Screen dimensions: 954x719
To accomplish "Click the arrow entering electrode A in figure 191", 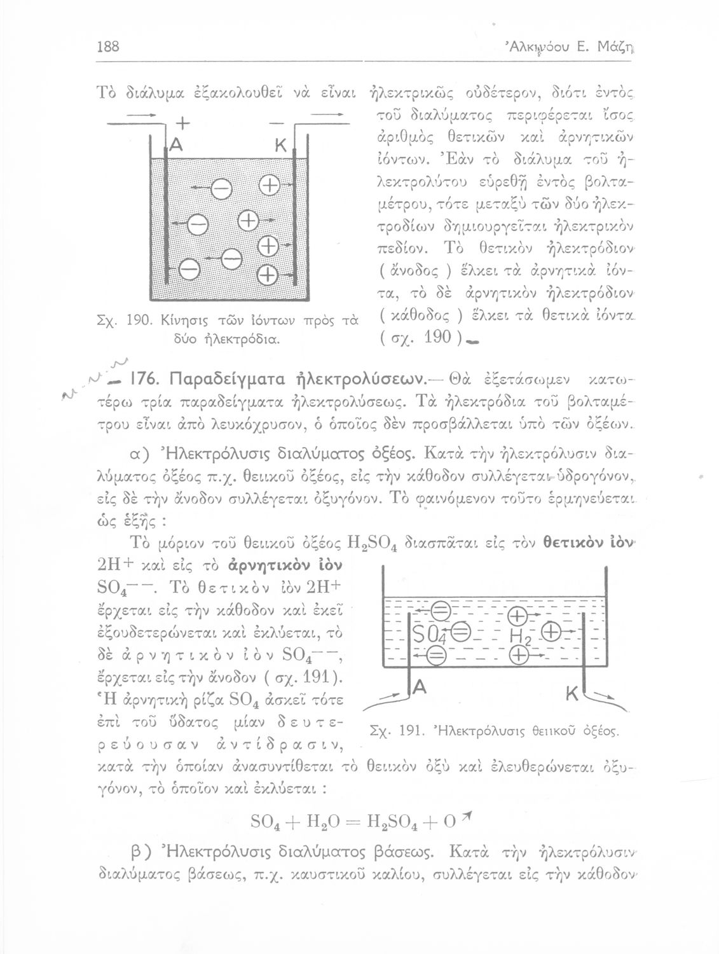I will pyautogui.click(x=385, y=700).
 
